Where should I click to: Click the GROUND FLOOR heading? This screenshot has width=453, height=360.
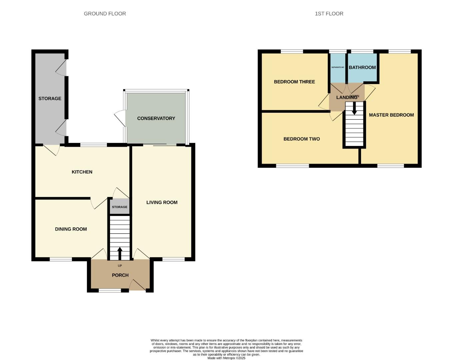pyautogui.click(x=105, y=14)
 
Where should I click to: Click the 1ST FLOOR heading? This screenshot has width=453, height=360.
pyautogui.click(x=329, y=14)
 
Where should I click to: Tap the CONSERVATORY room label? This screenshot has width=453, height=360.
pyautogui.click(x=156, y=118)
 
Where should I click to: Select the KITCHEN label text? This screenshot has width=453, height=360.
pyautogui.click(x=82, y=172)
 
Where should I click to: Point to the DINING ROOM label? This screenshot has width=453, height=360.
pyautogui.click(x=71, y=229)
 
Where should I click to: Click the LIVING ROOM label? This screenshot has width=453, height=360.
pyautogui.click(x=162, y=202)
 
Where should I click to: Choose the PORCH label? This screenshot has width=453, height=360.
pyautogui.click(x=120, y=275)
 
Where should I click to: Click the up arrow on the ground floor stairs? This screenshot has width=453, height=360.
pyautogui.click(x=120, y=253)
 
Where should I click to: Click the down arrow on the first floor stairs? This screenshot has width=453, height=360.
pyautogui.click(x=354, y=108)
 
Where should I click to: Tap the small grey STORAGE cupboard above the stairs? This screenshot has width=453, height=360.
pyautogui.click(x=120, y=207)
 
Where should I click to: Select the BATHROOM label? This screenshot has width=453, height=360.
pyautogui.click(x=362, y=67)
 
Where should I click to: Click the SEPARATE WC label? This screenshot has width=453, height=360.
pyautogui.click(x=338, y=67)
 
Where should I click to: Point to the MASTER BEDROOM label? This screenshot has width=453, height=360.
pyautogui.click(x=391, y=115)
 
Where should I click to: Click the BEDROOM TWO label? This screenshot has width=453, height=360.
pyautogui.click(x=301, y=139)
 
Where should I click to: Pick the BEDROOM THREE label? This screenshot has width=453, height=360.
pyautogui.click(x=294, y=82)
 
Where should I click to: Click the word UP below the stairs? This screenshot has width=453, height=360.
pyautogui.click(x=120, y=266)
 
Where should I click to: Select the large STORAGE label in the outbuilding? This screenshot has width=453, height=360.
pyautogui.click(x=50, y=98)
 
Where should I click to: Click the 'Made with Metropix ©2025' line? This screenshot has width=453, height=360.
pyautogui.click(x=226, y=358)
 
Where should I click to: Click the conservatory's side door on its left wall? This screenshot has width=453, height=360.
pyautogui.click(x=119, y=118)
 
